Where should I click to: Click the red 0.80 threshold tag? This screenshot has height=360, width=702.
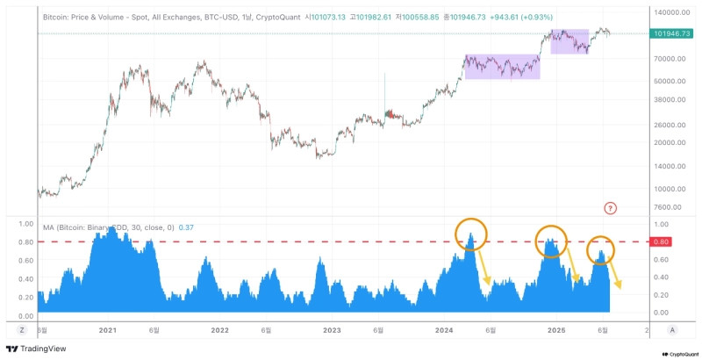pos(663,241)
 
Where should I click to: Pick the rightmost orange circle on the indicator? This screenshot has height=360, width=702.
pos(600,249)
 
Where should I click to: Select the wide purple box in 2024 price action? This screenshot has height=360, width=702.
pos(502,67)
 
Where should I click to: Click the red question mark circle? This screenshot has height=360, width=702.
pos(611,208)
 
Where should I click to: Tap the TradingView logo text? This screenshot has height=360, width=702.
pos(36,349)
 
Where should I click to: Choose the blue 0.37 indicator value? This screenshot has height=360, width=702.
pos(186,227)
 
